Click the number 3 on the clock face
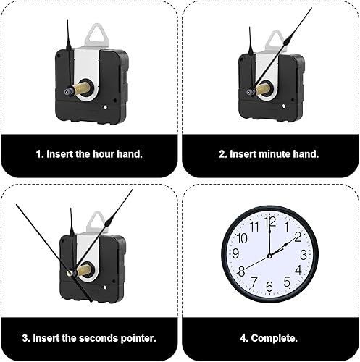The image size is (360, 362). [304, 255]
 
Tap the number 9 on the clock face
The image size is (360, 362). [235, 253]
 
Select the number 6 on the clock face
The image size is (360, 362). [269, 287]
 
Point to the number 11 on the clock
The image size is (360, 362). [254, 227]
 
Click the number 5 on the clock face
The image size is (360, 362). [287, 282]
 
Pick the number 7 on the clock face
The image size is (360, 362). [254, 282]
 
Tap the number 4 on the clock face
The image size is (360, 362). [298, 270]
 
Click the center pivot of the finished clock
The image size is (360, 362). [269, 256]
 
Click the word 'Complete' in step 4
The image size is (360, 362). [273, 338]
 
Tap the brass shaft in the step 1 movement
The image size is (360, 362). [82, 89]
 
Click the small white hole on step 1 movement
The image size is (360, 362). [105, 107]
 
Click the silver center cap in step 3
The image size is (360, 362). [70, 273]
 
